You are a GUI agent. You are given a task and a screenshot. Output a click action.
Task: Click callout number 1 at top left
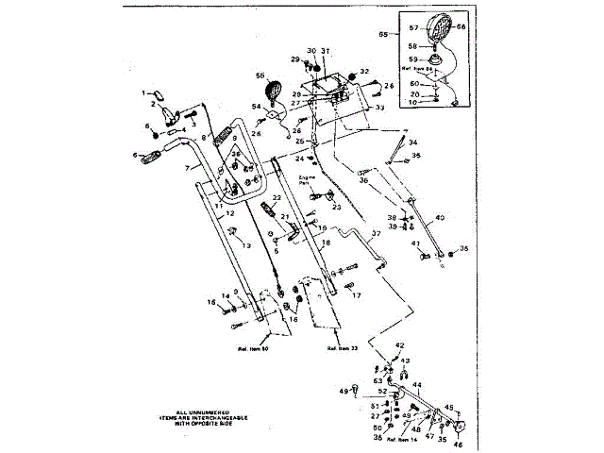[146, 93]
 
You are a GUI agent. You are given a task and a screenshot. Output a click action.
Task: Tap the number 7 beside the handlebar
[187, 167]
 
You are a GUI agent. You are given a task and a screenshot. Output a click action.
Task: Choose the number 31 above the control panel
[325, 50]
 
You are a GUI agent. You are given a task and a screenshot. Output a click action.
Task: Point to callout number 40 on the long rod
[439, 217]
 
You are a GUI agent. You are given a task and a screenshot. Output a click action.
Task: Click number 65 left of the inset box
[382, 34]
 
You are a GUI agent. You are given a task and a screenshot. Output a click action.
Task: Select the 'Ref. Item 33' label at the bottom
[343, 348]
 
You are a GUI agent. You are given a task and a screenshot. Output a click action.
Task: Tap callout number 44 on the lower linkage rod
[417, 385]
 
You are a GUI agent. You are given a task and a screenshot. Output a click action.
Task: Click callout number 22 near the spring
[277, 198]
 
